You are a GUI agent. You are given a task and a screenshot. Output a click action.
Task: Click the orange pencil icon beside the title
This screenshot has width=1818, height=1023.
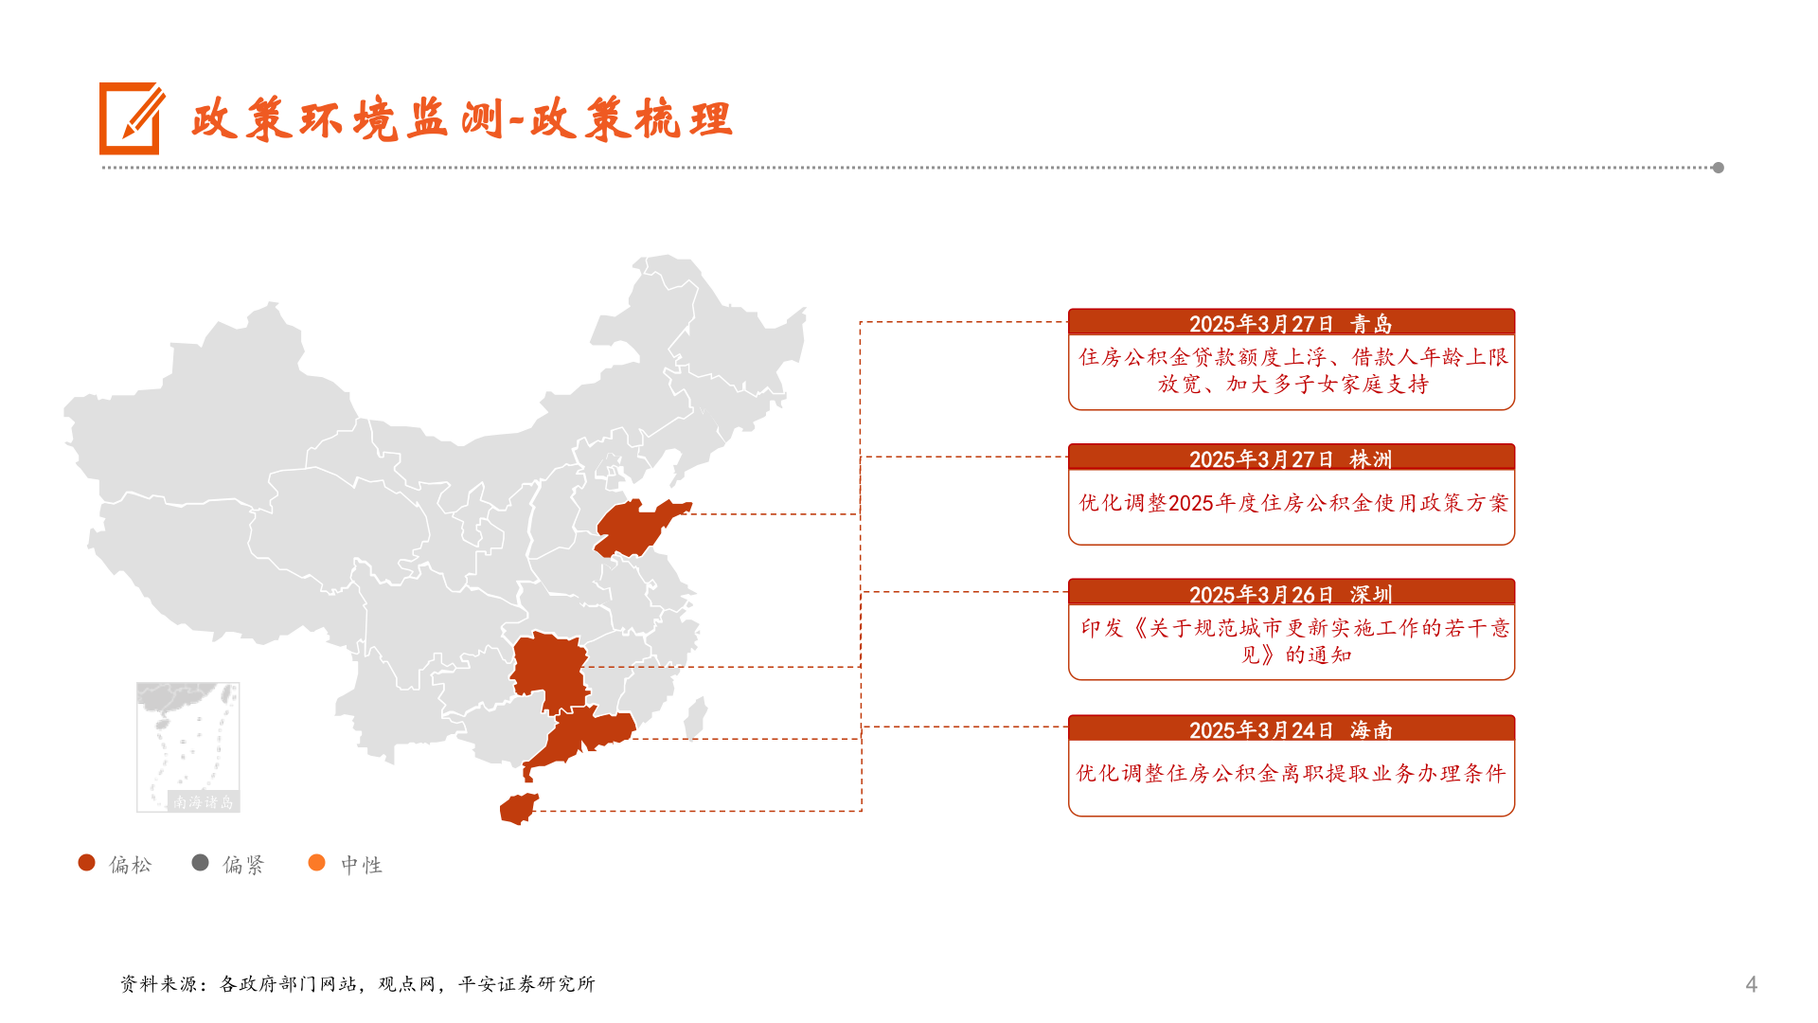pyautogui.click(x=131, y=118)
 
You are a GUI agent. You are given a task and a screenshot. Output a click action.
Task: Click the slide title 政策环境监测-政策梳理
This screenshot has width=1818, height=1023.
pyautogui.click(x=461, y=120)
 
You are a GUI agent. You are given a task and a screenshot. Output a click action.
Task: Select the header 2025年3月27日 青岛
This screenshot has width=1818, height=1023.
pyautogui.click(x=1291, y=323)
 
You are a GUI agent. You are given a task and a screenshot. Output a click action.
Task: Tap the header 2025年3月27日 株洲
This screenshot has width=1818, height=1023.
pyautogui.click(x=1291, y=458)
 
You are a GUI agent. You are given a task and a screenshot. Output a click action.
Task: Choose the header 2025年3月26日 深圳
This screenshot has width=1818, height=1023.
pyautogui.click(x=1291, y=594)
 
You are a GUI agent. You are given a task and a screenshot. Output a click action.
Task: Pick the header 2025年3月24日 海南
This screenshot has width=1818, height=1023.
pyautogui.click(x=1291, y=729)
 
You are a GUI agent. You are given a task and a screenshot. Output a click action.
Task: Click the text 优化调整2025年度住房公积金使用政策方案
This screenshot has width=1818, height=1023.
pyautogui.click(x=1292, y=503)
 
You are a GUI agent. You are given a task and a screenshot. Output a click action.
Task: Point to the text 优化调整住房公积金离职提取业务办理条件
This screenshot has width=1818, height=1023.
pyautogui.click(x=1291, y=774)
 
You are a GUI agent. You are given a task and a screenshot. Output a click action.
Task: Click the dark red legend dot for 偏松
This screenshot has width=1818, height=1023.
pyautogui.click(x=87, y=863)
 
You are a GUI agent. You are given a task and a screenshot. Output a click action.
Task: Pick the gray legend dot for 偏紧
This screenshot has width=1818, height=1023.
pyautogui.click(x=200, y=863)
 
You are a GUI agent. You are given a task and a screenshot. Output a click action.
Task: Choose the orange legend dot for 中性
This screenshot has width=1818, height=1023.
pyautogui.click(x=316, y=863)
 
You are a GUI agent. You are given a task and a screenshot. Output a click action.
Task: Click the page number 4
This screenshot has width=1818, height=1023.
pyautogui.click(x=1751, y=984)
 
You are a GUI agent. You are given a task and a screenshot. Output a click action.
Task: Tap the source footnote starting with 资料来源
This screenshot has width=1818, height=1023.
pyautogui.click(x=358, y=984)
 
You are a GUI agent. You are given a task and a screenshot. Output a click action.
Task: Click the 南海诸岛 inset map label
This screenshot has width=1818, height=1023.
pyautogui.click(x=203, y=802)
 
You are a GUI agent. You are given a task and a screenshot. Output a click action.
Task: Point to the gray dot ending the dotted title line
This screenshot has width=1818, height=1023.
pyautogui.click(x=1718, y=168)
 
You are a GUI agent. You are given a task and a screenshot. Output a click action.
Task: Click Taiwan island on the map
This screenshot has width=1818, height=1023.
pyautogui.click(x=696, y=717)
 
